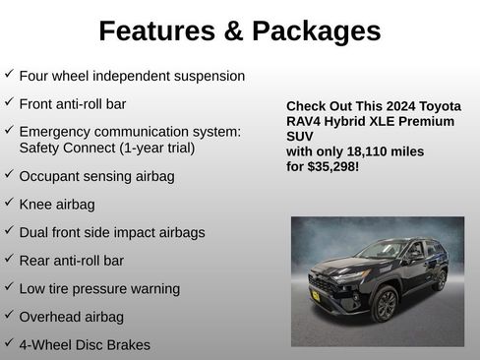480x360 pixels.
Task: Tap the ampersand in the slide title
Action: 234,31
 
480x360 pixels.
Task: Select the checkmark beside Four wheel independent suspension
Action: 9,74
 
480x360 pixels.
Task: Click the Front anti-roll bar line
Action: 73,102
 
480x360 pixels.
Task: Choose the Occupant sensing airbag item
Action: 96,177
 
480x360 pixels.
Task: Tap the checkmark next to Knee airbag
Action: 9,204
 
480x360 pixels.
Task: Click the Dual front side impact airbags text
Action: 112,232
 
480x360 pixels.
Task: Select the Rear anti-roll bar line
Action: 72,261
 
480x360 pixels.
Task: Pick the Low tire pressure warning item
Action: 99,288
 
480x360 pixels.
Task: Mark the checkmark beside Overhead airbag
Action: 9,315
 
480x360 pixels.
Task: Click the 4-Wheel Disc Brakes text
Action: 85,345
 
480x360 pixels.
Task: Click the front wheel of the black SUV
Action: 384,303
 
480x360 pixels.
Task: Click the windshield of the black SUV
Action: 383,250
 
